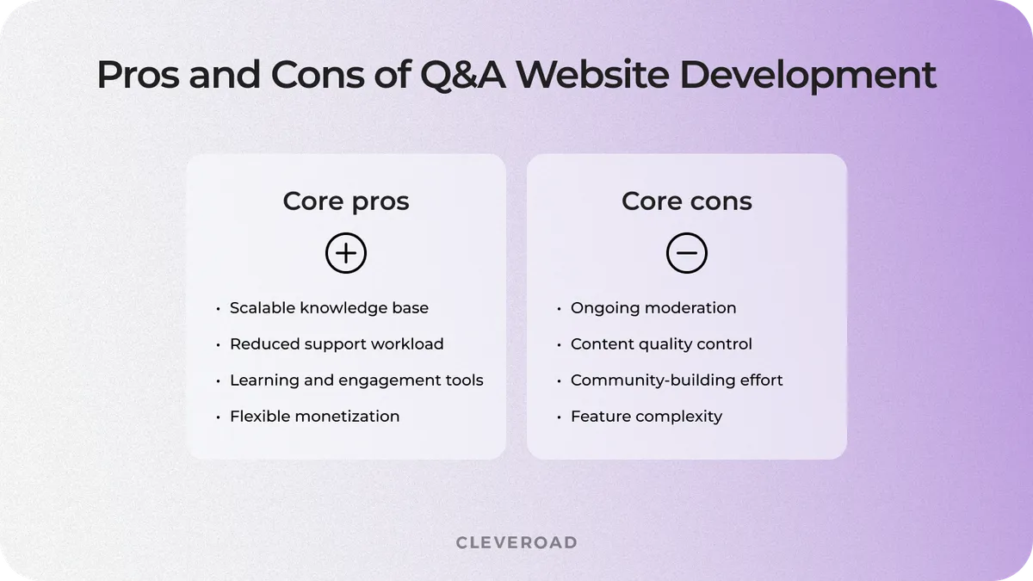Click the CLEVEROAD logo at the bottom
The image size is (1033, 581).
[x=516, y=542]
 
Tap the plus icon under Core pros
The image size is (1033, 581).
[x=346, y=254]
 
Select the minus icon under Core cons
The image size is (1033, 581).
[x=687, y=254]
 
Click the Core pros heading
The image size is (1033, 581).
[x=346, y=201]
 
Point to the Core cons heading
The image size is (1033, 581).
[x=687, y=201]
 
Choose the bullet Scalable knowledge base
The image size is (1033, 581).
[x=329, y=308]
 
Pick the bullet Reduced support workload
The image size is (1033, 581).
[x=337, y=344]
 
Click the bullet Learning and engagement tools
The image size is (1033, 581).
[x=356, y=380]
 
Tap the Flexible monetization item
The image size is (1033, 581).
[x=314, y=417]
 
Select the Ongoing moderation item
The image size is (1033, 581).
[x=653, y=308]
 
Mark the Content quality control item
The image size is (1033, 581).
[x=661, y=344]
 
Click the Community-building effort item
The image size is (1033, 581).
[x=677, y=380]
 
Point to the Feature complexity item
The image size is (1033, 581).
[x=646, y=417]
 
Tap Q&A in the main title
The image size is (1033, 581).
[x=465, y=76]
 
